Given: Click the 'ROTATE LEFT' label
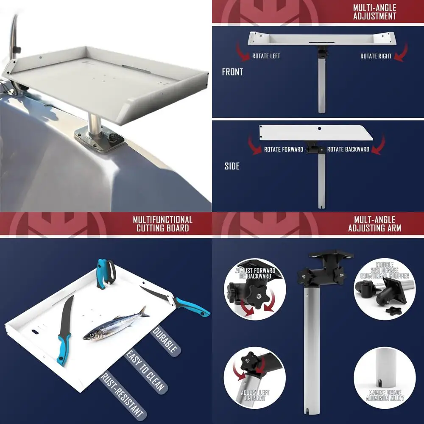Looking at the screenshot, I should tap(266, 56).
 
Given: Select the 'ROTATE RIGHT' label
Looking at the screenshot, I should tap(376, 56).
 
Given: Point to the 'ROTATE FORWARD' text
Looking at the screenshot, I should tap(284, 149).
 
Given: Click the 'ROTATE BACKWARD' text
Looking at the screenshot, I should tap(348, 149).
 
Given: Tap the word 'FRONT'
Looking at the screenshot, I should tap(232, 72).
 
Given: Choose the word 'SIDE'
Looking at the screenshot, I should tap(232, 166).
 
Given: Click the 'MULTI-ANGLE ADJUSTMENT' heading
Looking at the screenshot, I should tap(374, 12).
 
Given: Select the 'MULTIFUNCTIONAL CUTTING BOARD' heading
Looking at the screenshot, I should tap(162, 224).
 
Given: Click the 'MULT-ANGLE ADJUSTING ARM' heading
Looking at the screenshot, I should tap(374, 224).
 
